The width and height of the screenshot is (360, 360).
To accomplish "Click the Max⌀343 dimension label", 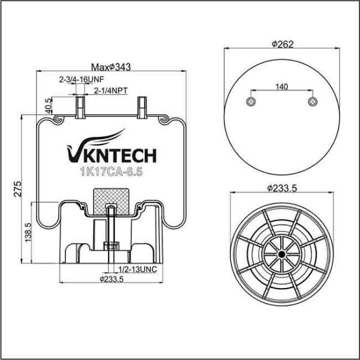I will (x=111, y=66).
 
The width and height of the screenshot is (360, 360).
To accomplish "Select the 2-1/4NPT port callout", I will (x=113, y=91).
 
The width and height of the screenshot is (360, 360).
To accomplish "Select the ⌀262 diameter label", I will (x=282, y=44).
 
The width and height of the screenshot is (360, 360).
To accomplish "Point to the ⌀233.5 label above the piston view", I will (x=282, y=188).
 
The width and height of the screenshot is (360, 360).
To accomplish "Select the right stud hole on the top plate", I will (x=312, y=101).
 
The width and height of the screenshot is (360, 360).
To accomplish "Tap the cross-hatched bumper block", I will (x=112, y=200).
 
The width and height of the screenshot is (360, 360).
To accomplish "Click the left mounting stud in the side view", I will (x=79, y=109).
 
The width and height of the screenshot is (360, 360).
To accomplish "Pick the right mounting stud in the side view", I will (x=142, y=109).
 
